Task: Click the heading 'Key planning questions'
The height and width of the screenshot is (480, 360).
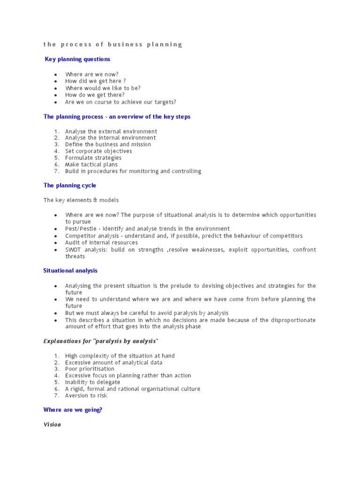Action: [77, 59]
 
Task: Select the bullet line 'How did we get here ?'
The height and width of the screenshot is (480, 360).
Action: [95, 81]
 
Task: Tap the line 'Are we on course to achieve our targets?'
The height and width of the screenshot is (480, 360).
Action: [120, 102]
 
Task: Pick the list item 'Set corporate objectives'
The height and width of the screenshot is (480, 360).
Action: [98, 151]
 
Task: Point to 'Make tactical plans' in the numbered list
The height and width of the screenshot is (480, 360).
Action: [91, 165]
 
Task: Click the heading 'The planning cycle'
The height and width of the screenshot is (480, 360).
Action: [69, 186]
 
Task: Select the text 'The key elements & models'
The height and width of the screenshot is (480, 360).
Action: [81, 200]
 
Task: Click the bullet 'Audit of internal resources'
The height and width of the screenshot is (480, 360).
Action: [101, 243]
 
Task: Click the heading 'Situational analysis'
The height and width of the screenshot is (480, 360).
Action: [70, 270]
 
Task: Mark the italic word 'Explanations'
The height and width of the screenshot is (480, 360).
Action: [62, 341]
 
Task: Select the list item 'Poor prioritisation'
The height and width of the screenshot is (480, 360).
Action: [90, 369]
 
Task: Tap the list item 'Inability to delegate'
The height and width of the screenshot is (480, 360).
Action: [92, 382]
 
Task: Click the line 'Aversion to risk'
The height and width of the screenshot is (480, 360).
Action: [86, 396]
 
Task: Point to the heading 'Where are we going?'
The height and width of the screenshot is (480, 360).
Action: [73, 410]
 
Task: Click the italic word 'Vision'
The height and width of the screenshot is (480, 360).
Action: [52, 425]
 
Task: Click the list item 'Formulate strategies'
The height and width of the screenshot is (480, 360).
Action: [93, 158]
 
